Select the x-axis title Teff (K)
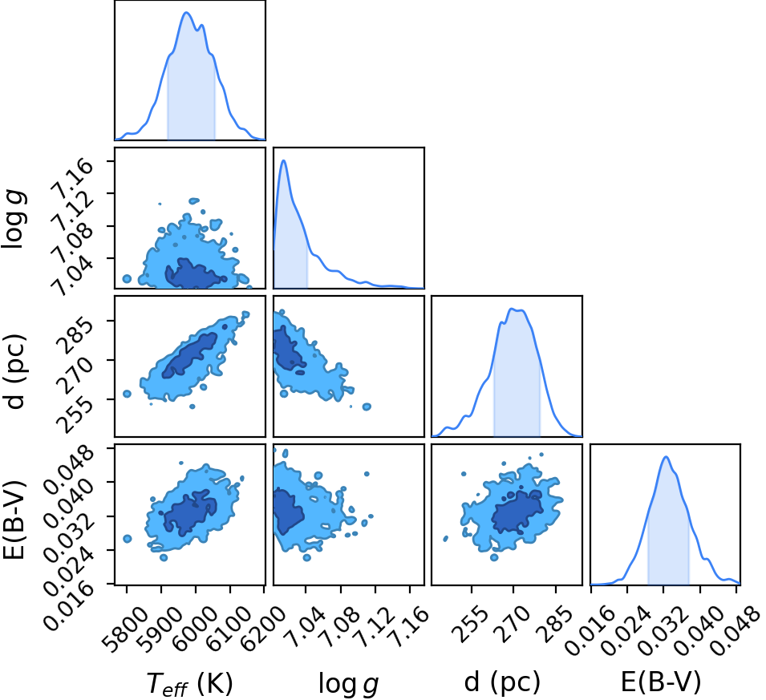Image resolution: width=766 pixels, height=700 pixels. click(189, 683)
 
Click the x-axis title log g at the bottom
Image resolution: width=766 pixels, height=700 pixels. click(348, 684)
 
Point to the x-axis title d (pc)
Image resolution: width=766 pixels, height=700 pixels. click(502, 682)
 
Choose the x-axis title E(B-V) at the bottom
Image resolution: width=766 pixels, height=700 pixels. click(661, 682)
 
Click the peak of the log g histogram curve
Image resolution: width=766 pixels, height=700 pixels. click(283, 160)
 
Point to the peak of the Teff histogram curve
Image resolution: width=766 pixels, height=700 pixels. click(187, 13)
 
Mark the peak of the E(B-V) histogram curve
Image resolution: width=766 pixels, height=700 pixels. click(666, 457)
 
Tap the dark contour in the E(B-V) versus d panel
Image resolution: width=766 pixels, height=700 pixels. click(517, 512)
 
